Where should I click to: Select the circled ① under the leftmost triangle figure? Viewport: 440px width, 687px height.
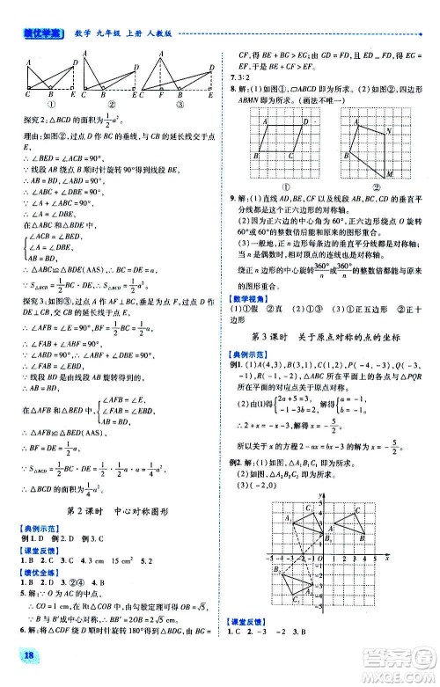click(x=39, y=102)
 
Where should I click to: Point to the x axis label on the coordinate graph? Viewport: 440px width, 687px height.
click(x=388, y=556)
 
